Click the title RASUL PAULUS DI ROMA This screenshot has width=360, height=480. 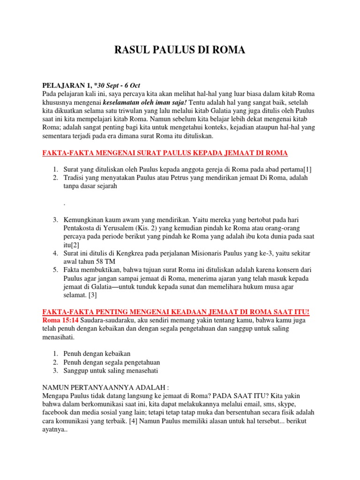[x=180, y=50]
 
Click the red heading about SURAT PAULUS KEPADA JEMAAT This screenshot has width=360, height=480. [x=165, y=153]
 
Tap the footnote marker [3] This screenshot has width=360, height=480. [x=93, y=296]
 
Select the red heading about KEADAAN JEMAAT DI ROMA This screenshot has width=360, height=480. [x=176, y=312]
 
